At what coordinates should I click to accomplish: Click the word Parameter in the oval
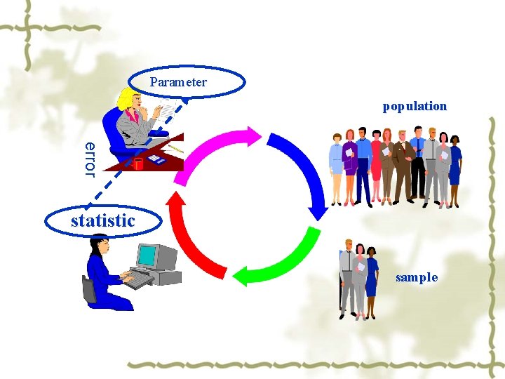click(178, 82)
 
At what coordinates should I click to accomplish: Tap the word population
click(415, 106)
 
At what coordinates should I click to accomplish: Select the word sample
click(417, 277)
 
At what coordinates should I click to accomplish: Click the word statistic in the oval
click(102, 220)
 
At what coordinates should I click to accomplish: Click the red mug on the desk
click(138, 164)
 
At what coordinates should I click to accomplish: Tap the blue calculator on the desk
click(156, 160)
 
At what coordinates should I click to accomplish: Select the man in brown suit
click(402, 165)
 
